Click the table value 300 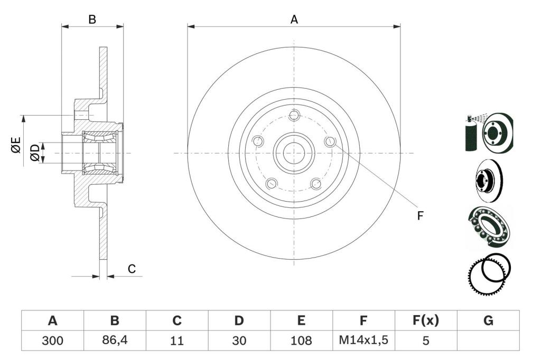52,340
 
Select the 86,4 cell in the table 115,340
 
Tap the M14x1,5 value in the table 363,340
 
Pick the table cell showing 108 301,340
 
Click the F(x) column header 426,320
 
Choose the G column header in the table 488,321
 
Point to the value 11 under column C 176,340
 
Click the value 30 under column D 239,340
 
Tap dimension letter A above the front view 294,20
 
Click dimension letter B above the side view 92,20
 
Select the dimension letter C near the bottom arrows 132,269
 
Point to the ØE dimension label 16,145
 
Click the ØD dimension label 35,153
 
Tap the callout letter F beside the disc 420,215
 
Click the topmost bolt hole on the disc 294,115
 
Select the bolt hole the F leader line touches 330,141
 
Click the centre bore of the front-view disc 294,153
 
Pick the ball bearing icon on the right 489,226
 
